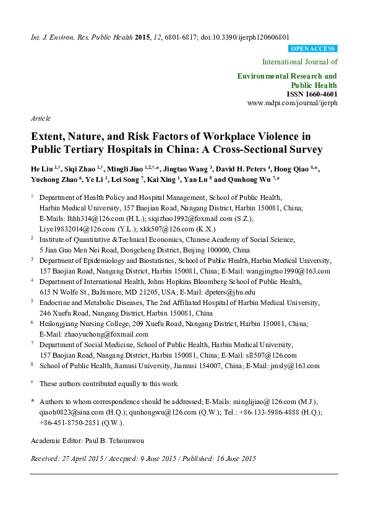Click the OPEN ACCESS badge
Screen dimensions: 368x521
coord(313,48)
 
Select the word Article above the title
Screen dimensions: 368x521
coord(40,118)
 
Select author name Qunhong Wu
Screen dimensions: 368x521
coord(250,179)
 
